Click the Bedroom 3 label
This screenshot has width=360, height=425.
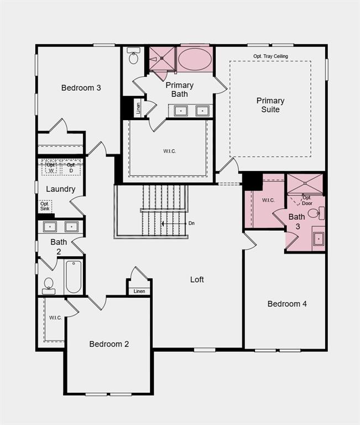click(81, 87)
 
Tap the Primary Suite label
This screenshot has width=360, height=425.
click(270, 105)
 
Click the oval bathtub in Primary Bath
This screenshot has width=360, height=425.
click(195, 59)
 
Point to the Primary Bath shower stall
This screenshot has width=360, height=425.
click(162, 58)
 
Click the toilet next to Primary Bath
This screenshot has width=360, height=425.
click(133, 57)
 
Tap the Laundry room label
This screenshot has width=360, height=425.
click(60, 189)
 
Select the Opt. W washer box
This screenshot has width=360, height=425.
click(51, 167)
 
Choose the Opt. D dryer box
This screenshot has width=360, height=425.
click(71, 167)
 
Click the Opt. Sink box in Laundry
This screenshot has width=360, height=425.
click(45, 206)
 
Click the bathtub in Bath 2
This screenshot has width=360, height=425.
click(73, 277)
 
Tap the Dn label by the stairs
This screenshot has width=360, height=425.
click(191, 224)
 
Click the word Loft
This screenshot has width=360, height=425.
click(197, 279)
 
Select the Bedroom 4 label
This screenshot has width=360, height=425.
click(287, 303)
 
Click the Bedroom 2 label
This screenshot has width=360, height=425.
click(109, 344)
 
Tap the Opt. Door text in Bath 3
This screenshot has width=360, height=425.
click(306, 200)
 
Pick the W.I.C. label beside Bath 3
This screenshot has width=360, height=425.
click(268, 200)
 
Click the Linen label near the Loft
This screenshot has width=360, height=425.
click(139, 291)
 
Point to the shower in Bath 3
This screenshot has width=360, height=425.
click(305, 183)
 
